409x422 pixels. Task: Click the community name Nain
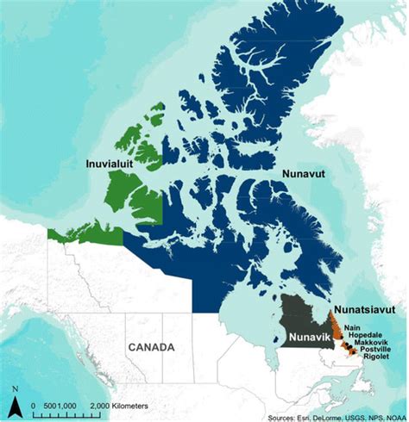351,326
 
